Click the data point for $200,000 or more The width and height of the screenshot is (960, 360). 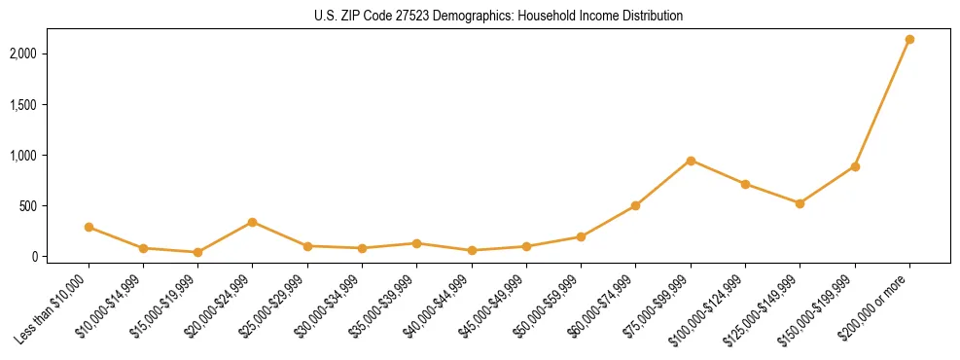coord(909,40)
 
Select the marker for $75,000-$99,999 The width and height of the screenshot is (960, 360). coord(691,161)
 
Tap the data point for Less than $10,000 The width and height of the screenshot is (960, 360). coord(89,227)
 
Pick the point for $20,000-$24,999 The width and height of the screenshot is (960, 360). coord(253,222)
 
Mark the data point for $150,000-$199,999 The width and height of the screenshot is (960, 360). coord(855,166)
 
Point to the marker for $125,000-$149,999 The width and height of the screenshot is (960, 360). coord(800,203)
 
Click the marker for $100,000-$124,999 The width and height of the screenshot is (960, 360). coord(745,184)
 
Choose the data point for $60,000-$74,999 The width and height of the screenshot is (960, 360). coord(635,205)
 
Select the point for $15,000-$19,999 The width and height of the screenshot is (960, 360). coord(197,252)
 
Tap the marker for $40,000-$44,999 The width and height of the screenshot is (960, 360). coord(472,250)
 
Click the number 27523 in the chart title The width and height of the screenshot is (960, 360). coord(420,17)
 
